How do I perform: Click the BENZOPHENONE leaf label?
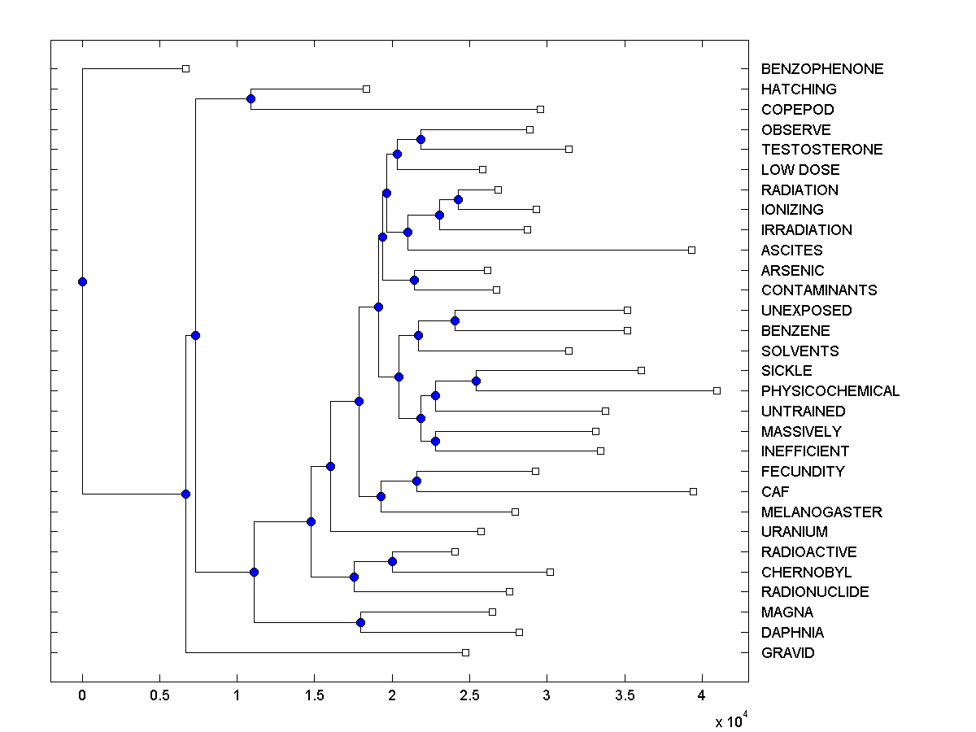(x=821, y=69)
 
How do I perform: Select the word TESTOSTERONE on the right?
(x=821, y=150)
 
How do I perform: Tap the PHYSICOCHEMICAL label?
(x=830, y=391)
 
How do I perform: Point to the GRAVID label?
(x=787, y=653)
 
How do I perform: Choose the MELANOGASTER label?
(x=821, y=512)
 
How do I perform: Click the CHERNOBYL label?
(x=806, y=573)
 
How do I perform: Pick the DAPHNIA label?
(x=792, y=633)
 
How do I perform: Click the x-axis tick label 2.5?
(x=469, y=695)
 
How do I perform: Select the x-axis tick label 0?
(x=82, y=695)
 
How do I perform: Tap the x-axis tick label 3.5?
(x=624, y=695)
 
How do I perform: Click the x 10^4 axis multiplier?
(x=730, y=721)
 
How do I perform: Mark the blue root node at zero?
(x=82, y=281)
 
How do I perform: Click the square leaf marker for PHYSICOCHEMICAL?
(x=717, y=391)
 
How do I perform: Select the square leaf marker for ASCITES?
(x=691, y=250)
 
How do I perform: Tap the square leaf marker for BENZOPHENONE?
(x=185, y=69)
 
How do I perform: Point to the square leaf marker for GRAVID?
(x=465, y=652)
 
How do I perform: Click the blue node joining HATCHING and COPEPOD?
(x=251, y=99)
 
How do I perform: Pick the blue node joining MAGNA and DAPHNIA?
(x=360, y=622)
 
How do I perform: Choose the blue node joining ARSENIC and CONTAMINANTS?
(x=414, y=280)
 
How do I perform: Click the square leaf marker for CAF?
(x=693, y=491)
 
